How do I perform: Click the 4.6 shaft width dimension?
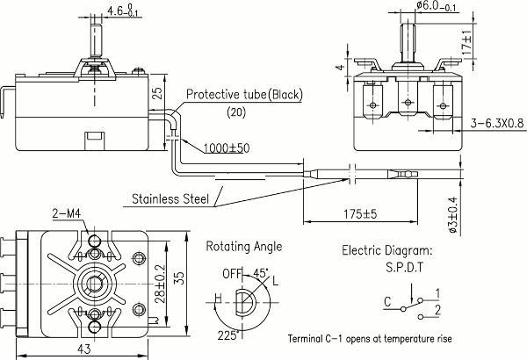125,11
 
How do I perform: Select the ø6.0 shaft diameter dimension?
437,6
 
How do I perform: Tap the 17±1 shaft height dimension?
467,43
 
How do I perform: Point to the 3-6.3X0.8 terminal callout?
497,123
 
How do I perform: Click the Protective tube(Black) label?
244,95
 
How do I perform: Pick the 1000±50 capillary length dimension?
227,148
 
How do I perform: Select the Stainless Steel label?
170,198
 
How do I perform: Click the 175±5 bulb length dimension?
360,213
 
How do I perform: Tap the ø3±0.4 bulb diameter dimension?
452,215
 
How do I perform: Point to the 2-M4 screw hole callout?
67,213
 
